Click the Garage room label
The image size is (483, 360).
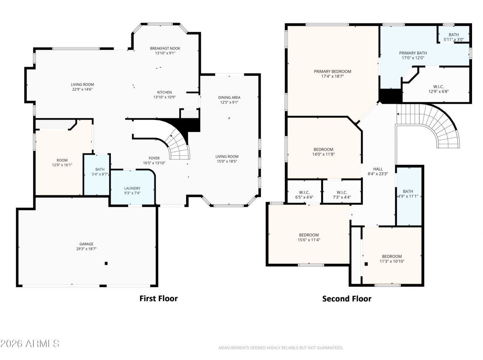[x=86, y=244]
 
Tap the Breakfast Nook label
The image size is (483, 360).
[x=165, y=48]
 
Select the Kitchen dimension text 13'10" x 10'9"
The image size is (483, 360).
[x=165, y=97]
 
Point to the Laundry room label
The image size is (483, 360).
[x=132, y=188]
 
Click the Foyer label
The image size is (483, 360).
[x=154, y=158]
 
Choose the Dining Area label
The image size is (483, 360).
[x=229, y=97]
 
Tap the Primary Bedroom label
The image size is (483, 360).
[x=332, y=71]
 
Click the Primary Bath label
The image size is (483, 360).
[x=413, y=53]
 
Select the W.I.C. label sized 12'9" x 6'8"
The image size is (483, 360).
[x=438, y=86]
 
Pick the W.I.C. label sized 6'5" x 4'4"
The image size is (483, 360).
[x=304, y=192]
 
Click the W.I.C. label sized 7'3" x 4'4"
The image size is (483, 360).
[x=341, y=192]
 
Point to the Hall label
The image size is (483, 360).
[x=378, y=169]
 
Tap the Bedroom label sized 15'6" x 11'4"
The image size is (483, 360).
[x=309, y=235]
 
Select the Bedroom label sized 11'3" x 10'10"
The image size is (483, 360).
[x=392, y=256]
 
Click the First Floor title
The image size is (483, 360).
[x=158, y=298]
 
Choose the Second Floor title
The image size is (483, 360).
[x=346, y=298]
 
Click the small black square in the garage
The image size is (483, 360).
[x=106, y=263]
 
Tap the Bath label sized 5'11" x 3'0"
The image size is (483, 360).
[x=454, y=35]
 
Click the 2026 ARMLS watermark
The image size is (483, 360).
[x=30, y=343]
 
